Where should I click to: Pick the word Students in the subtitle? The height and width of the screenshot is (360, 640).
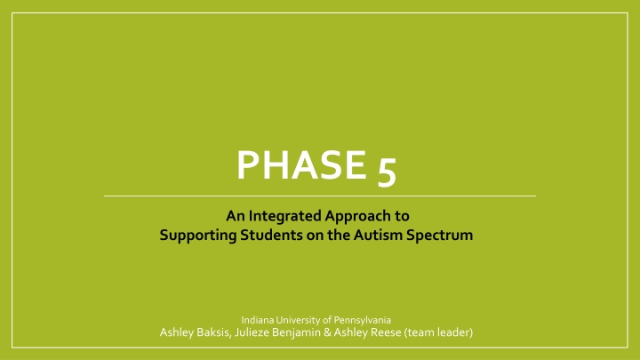tap(265, 236)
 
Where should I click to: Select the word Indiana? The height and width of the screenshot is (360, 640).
tap(257, 318)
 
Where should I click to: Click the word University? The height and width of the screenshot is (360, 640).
tap(301, 318)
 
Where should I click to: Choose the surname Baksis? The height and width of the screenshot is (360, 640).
tap(221, 332)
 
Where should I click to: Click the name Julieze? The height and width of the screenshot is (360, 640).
tap(264, 332)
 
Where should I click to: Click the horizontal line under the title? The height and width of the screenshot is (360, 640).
tap(320, 195)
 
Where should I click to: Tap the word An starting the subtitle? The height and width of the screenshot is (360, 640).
tap(234, 214)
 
